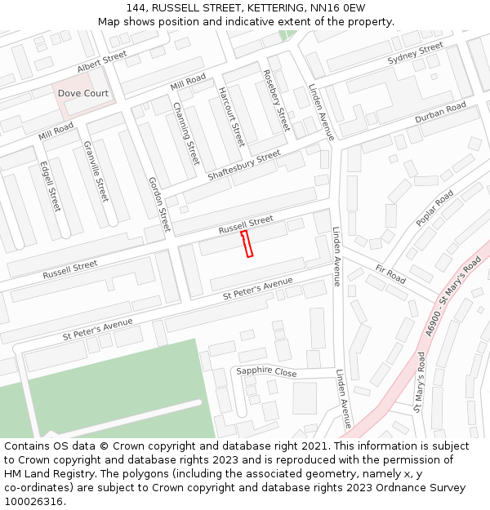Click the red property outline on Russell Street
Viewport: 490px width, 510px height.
(x=247, y=244)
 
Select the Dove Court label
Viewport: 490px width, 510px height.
(x=83, y=94)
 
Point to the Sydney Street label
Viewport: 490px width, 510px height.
(x=415, y=53)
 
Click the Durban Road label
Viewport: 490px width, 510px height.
(x=440, y=113)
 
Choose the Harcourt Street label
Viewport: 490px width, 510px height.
(x=231, y=117)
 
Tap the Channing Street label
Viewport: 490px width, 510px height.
(x=186, y=132)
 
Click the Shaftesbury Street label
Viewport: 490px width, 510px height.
(x=244, y=166)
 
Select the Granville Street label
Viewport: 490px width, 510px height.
(x=96, y=171)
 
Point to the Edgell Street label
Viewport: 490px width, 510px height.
(x=50, y=186)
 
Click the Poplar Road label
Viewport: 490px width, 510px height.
(x=434, y=210)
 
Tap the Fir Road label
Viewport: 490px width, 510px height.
(x=390, y=274)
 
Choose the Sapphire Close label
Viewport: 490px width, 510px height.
(x=266, y=371)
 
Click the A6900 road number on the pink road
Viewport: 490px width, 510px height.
(x=432, y=324)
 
